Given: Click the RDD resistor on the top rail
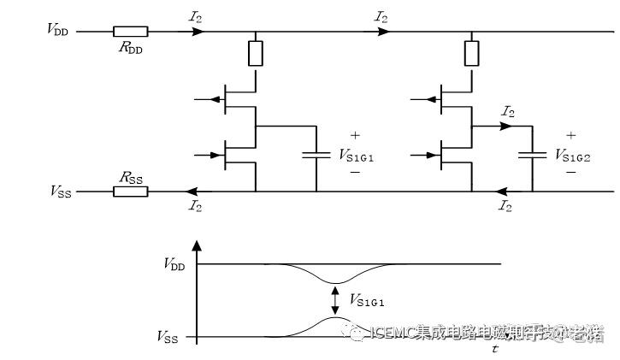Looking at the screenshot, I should click(130, 32).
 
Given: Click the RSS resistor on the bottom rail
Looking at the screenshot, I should click(130, 191).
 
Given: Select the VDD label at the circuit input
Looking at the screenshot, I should click(60, 30).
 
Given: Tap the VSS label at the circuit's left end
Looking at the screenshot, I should click(60, 191).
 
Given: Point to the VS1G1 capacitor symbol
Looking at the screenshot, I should click(316, 156).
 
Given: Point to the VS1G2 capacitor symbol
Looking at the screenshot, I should click(532, 156).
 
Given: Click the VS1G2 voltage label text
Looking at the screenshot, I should click(572, 155).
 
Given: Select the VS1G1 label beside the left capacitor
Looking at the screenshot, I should click(357, 155).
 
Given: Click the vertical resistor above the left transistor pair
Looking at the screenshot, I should click(255, 53).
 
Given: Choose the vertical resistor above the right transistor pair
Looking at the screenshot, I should click(470, 53).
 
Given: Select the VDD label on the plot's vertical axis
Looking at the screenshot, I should click(174, 264).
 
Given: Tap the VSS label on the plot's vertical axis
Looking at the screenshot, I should click(168, 336).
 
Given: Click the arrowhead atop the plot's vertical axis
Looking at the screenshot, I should click(198, 247).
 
